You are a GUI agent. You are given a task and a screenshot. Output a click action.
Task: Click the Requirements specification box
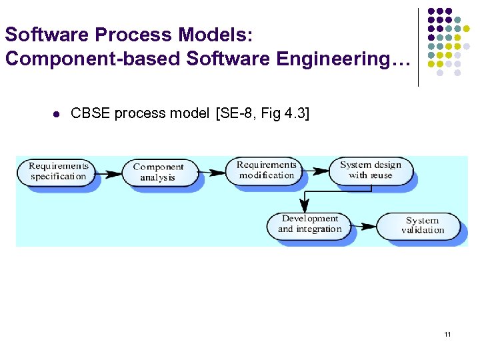click(59, 171)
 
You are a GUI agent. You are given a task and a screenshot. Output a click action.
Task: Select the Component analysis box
click(158, 173)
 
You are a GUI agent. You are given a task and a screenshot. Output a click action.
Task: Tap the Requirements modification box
click(266, 171)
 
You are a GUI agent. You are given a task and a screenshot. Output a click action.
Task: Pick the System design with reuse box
click(371, 171)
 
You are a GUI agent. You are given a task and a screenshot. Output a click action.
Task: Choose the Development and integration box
click(309, 224)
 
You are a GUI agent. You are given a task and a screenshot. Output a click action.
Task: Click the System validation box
click(422, 225)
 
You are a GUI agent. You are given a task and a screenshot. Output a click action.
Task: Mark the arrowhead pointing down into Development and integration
click(305, 205)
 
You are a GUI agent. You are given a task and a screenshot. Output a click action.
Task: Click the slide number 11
click(447, 334)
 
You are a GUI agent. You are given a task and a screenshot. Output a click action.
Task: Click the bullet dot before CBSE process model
click(56, 114)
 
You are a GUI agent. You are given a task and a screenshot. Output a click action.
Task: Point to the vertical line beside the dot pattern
click(418, 47)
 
